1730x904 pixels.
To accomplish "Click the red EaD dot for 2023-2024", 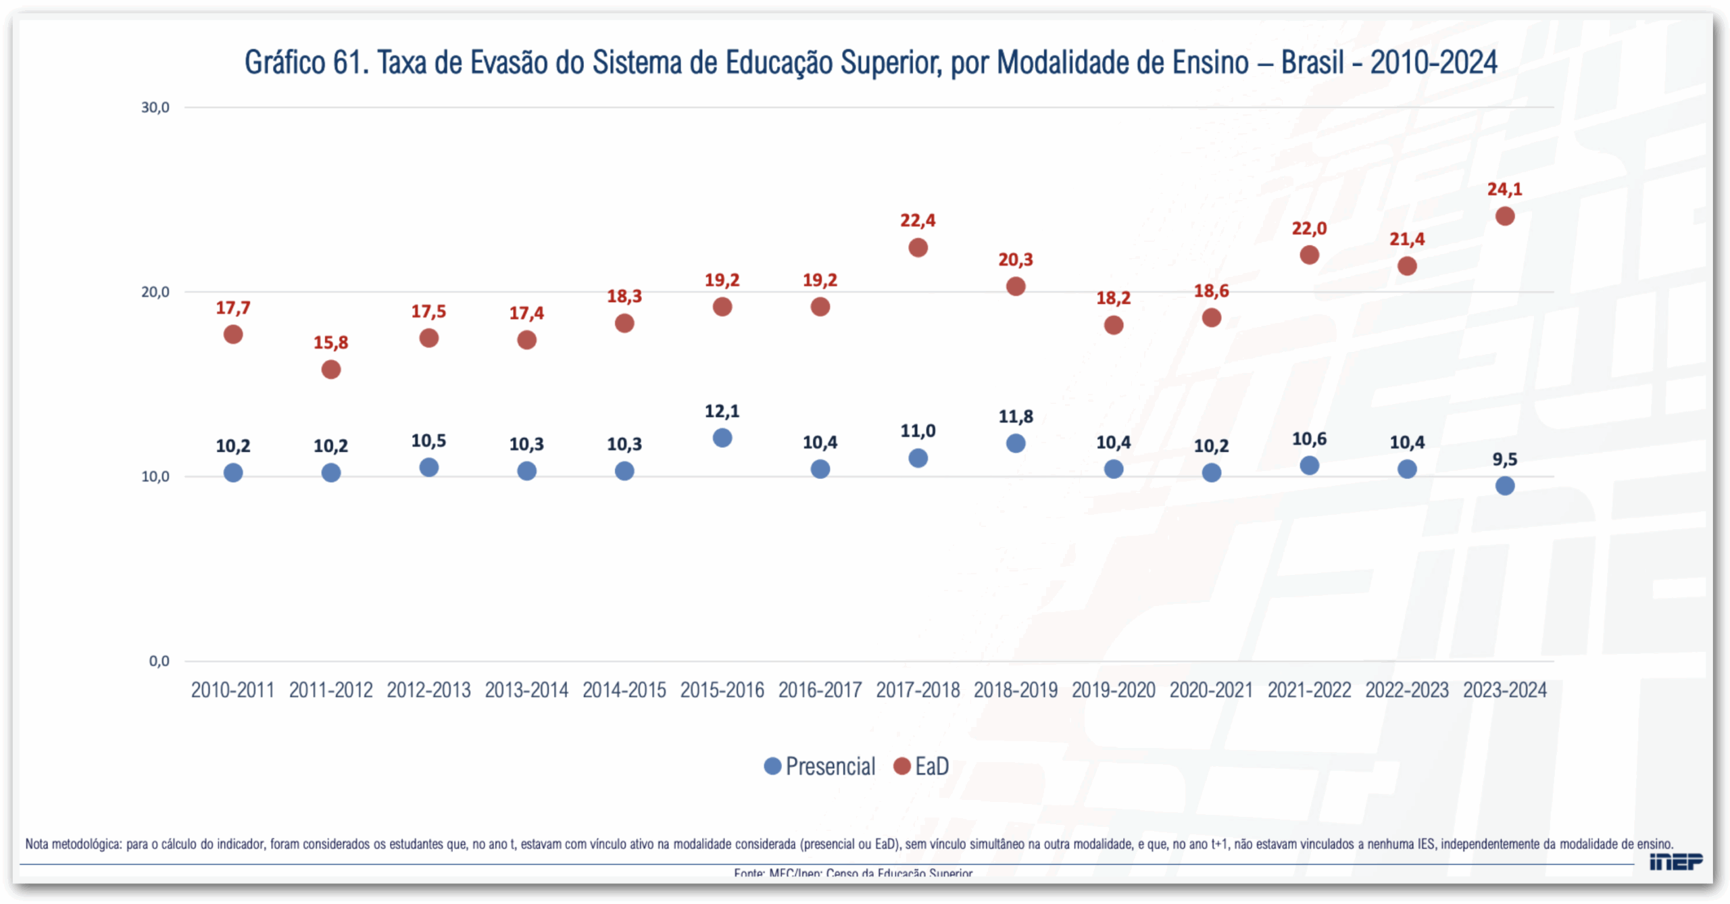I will tap(1504, 216).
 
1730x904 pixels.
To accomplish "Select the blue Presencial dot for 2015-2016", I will tap(722, 438).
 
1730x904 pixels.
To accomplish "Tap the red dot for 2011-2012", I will tap(330, 370).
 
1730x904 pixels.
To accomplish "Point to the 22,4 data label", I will tap(917, 220).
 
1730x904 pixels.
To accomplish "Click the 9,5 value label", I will tap(1504, 459).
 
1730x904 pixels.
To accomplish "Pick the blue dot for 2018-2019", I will tap(1015, 443).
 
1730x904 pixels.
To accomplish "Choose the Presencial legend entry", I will tap(819, 766).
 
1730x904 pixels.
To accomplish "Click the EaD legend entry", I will tap(922, 766).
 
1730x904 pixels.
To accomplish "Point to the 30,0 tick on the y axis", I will tap(155, 107).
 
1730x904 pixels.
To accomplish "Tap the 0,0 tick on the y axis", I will tap(159, 661).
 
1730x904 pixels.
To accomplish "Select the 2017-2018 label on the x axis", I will tap(917, 690).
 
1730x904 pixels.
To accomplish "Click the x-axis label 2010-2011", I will tap(232, 690).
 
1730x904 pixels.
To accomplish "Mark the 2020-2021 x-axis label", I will tap(1211, 690).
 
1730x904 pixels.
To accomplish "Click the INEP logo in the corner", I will tap(1675, 862).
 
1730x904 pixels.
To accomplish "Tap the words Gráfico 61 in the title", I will tap(306, 63).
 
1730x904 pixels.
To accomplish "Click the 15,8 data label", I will tap(330, 343).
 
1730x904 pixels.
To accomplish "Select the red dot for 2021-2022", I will tap(1309, 255).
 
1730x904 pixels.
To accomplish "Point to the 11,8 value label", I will tap(1015, 416).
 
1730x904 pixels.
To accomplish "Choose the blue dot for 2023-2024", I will tap(1504, 486).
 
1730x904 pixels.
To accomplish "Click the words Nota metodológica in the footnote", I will tap(73, 844).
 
